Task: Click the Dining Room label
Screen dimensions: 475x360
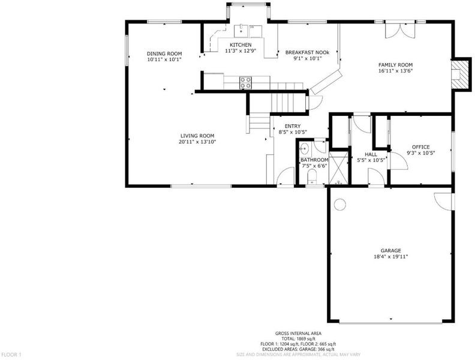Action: pyautogui.click(x=164, y=53)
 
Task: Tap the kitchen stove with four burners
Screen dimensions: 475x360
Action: pyautogui.click(x=246, y=82)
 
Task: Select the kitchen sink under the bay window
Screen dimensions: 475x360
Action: pyautogui.click(x=242, y=31)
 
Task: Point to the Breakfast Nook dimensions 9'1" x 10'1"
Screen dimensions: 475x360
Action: pyautogui.click(x=307, y=58)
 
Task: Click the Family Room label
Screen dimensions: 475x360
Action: pyautogui.click(x=395, y=65)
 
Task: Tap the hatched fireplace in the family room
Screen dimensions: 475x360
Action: pyautogui.click(x=460, y=74)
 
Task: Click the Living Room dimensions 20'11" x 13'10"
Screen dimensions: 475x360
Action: pyautogui.click(x=197, y=142)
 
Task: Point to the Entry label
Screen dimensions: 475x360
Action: pyautogui.click(x=293, y=126)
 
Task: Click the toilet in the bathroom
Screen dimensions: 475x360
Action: pyautogui.click(x=311, y=176)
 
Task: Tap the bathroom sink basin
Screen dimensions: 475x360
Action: pyautogui.click(x=304, y=149)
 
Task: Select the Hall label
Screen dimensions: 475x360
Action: pyautogui.click(x=371, y=154)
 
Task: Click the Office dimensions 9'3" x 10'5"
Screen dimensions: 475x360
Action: pyautogui.click(x=421, y=153)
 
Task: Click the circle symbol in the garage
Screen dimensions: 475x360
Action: pyautogui.click(x=339, y=204)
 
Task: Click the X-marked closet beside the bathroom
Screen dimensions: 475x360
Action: pyautogui.click(x=338, y=167)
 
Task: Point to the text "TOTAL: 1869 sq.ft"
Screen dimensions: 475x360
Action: pyautogui.click(x=299, y=338)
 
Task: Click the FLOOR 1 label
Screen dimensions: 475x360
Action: pyautogui.click(x=11, y=354)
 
